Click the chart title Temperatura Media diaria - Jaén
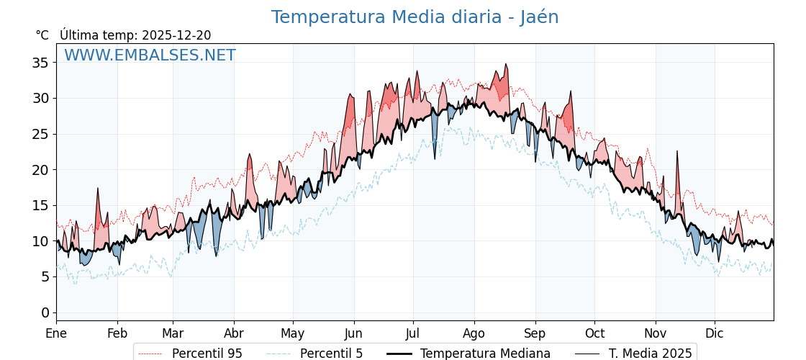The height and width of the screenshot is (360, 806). (x=415, y=17)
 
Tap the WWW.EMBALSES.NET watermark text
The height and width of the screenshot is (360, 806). (x=150, y=55)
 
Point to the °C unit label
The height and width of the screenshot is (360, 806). (x=42, y=35)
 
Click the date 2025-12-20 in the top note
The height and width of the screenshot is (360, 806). (x=176, y=35)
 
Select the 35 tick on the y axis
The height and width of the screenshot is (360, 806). (x=41, y=63)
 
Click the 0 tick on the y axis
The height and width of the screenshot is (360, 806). (x=45, y=312)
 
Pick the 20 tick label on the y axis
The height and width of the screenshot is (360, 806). (x=41, y=170)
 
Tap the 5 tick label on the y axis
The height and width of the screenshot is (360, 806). (x=45, y=276)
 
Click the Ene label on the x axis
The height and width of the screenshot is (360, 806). (x=56, y=333)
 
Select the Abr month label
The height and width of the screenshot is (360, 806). (x=234, y=333)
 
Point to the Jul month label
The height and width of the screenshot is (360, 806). (x=413, y=333)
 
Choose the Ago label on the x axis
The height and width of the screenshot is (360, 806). (x=474, y=333)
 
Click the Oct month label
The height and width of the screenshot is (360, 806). (x=594, y=333)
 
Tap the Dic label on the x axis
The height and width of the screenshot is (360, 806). (x=715, y=333)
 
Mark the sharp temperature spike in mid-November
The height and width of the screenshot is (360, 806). (x=677, y=152)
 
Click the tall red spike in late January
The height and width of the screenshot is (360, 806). (x=98, y=189)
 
